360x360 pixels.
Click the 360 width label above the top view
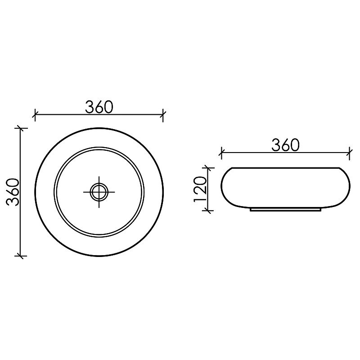[x=99, y=107]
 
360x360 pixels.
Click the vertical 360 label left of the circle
[x=13, y=192]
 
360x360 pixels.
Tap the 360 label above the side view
[x=286, y=145]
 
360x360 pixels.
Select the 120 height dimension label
[x=200, y=189]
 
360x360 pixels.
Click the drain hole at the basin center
[x=99, y=192]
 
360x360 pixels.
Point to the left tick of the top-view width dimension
[x=35, y=114]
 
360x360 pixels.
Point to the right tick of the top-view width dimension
[x=163, y=114]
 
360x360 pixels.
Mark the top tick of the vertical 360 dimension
[x=21, y=128]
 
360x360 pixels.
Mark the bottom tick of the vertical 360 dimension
[x=21, y=256]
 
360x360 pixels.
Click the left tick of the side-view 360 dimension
[x=221, y=152]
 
